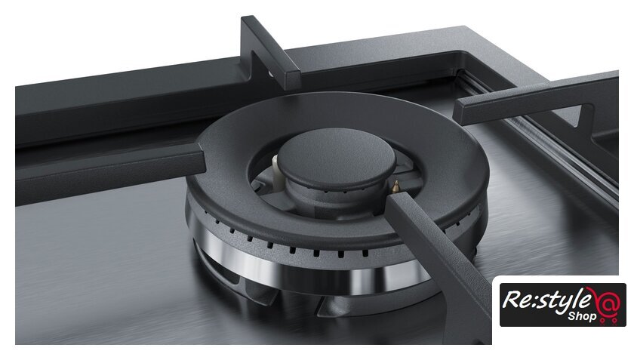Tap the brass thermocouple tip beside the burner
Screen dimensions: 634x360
(x=396, y=186)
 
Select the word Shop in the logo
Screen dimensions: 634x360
(x=582, y=316)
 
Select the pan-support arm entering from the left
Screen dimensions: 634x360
(x=110, y=173)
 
